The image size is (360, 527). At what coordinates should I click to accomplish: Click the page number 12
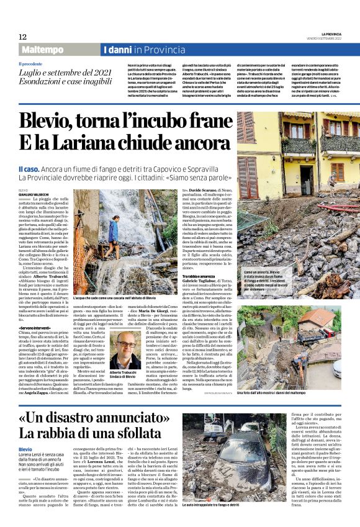pyautogui.click(x=22, y=37)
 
